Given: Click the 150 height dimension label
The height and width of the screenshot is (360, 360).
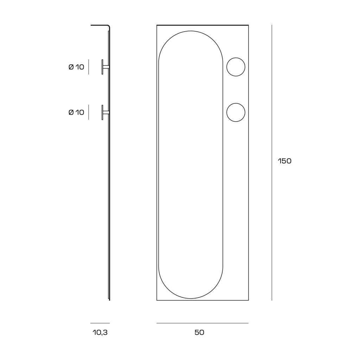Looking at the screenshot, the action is [284, 161].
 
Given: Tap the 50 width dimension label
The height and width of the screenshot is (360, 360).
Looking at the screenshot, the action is [199, 332].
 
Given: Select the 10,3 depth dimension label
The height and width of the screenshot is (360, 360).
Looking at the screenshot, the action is [100, 332].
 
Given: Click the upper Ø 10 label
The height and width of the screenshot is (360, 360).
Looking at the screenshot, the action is [76, 67].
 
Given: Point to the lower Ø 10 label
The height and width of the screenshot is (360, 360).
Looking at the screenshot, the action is [76, 112].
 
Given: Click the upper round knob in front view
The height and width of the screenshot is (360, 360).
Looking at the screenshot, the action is [236, 58].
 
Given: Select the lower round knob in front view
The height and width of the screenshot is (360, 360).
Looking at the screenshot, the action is [236, 103].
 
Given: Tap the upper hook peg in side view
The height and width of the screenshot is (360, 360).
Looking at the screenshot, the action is [105, 67].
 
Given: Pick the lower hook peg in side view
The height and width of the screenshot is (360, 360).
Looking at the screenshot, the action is [105, 112].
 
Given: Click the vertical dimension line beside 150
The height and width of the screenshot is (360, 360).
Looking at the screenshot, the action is [272, 162].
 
